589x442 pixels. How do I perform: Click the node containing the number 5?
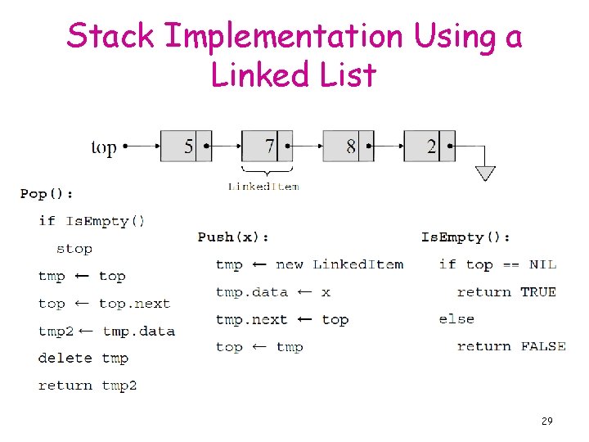pos(185,147)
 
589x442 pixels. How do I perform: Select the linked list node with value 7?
pos(267,147)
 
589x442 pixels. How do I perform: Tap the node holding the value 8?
pos(348,147)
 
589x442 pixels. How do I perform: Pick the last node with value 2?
pos(429,147)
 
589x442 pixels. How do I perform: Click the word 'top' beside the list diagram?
pos(103,148)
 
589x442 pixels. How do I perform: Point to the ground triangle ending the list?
pos(485,173)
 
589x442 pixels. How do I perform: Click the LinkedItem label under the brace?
pos(263,187)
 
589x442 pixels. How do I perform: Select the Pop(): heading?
pos(47,194)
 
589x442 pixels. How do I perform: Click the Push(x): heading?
pos(233,237)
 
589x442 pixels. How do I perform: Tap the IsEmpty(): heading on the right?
pos(465,237)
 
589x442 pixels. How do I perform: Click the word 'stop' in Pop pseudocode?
pos(74,249)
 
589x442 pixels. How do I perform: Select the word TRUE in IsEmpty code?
pos(538,292)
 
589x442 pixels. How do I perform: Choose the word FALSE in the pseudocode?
pos(543,347)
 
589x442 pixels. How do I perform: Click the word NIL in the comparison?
pos(542,264)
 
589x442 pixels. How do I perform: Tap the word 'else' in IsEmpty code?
pos(456,319)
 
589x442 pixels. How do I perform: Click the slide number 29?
pos(546,421)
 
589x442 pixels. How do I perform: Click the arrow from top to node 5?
pos(139,147)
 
